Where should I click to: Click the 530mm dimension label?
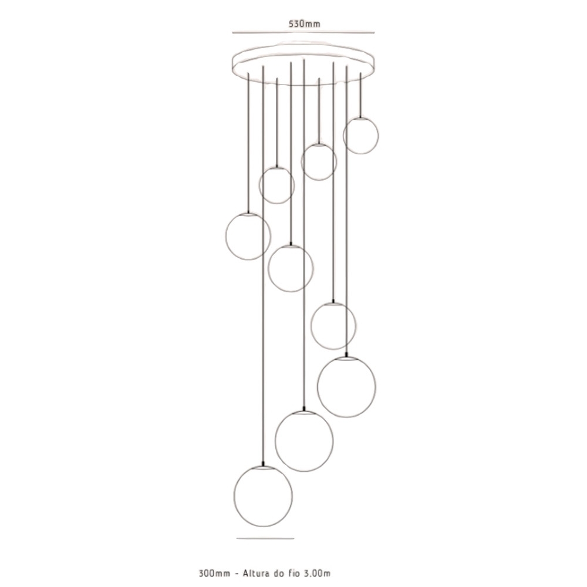tap(304, 23)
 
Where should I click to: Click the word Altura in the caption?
tap(256, 573)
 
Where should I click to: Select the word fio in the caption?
tap(293, 573)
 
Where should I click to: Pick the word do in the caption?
tap(279, 573)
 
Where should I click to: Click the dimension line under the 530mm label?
tap(303, 33)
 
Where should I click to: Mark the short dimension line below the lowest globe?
tap(265, 539)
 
